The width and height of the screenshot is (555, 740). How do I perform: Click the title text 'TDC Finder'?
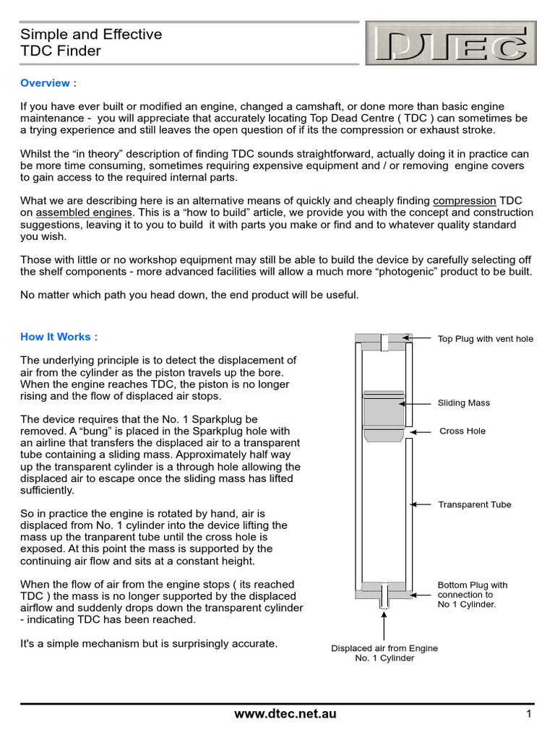point(61,51)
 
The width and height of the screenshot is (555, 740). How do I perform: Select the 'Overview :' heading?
point(48,83)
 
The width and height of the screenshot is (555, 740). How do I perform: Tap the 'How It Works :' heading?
point(59,336)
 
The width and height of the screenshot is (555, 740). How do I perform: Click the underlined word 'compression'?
point(465,200)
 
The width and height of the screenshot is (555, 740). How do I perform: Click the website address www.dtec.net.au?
point(285,714)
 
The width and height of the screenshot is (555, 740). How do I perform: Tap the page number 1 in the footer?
point(529,714)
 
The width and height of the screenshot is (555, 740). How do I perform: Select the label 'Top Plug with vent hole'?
point(486,338)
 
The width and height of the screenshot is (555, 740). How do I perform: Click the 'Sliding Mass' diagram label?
point(464,403)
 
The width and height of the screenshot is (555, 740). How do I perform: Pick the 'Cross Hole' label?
point(462,431)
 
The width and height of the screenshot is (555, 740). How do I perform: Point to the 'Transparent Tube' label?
point(475,504)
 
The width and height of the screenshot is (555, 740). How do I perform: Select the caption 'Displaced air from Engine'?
point(384,648)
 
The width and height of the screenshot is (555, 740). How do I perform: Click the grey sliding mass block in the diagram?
point(383,413)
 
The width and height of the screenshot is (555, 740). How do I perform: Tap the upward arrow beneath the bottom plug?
point(384,623)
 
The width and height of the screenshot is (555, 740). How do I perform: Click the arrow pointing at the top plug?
point(418,337)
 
